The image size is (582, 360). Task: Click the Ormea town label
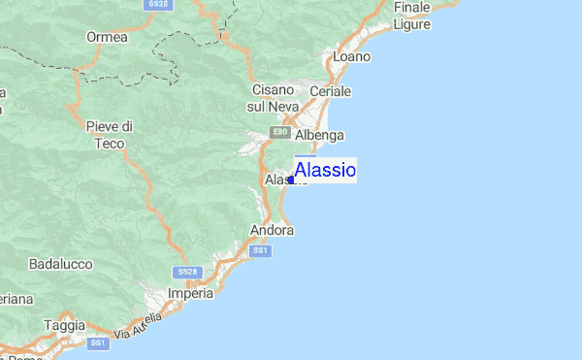tap(107, 38)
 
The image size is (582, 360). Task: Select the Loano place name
tap(351, 57)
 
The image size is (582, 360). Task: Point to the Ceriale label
tap(330, 91)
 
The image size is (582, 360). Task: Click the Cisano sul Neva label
tap(273, 97)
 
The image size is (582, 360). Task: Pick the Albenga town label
tap(321, 135)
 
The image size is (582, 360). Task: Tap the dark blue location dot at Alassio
tap(291, 180)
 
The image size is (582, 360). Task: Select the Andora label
tap(272, 231)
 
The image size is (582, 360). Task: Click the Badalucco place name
tap(60, 263)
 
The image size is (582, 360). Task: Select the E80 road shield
tap(280, 132)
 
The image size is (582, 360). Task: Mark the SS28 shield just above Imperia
tap(188, 272)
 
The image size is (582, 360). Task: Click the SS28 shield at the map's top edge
tap(160, 5)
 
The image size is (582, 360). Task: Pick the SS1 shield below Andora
tap(260, 250)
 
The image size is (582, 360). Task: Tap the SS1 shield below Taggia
tap(97, 344)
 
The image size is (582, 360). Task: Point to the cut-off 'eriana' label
tap(16, 299)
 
